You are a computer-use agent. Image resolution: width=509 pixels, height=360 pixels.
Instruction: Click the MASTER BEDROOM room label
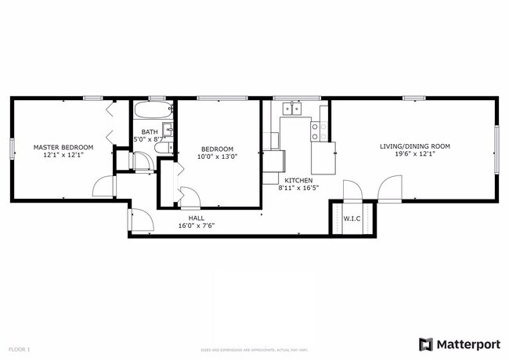pyautogui.click(x=63, y=147)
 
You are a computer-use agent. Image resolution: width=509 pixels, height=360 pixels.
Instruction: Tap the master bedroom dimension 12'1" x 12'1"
pyautogui.click(x=63, y=156)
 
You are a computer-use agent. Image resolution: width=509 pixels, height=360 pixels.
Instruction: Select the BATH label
pyautogui.click(x=149, y=131)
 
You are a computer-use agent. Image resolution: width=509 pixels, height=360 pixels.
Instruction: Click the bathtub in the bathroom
pyautogui.click(x=153, y=110)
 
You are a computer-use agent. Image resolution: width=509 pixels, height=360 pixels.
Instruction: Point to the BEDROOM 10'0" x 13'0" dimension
pyautogui.click(x=217, y=157)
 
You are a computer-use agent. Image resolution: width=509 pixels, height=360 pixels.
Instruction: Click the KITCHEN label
pyautogui.click(x=298, y=179)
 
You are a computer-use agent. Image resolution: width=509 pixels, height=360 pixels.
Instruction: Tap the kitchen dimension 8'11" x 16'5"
pyautogui.click(x=298, y=188)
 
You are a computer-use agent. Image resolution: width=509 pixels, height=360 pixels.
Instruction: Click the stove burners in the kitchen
pyautogui.click(x=319, y=131)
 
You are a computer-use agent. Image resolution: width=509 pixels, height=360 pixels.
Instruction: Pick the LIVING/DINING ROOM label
pyautogui.click(x=414, y=146)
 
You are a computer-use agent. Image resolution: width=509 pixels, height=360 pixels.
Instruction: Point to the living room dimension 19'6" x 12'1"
pyautogui.click(x=414, y=155)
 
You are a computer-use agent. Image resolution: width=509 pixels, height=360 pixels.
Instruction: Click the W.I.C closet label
pyautogui.click(x=352, y=218)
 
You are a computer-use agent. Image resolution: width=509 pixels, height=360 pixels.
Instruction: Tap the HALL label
pyautogui.click(x=196, y=218)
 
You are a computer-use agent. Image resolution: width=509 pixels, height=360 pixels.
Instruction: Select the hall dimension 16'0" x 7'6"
pyautogui.click(x=196, y=225)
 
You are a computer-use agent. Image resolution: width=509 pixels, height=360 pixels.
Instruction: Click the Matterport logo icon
pyautogui.click(x=425, y=344)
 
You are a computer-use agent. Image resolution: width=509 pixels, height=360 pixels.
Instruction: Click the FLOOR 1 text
pyautogui.click(x=19, y=348)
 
